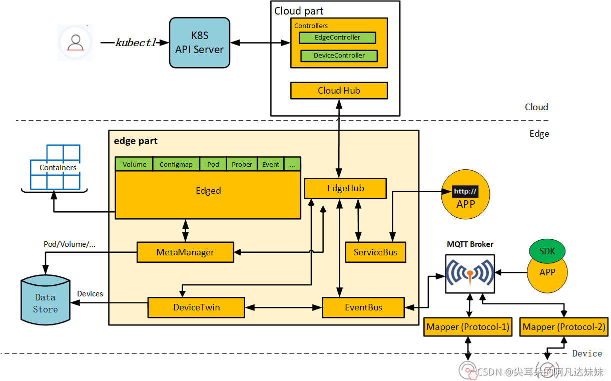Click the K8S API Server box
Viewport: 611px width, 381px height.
[x=200, y=43]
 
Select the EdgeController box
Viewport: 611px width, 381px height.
[x=337, y=38]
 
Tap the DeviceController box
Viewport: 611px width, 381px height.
[x=339, y=56]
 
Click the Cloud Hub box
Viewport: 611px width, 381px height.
[x=339, y=91]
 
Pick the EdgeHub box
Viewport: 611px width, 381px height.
[x=345, y=189]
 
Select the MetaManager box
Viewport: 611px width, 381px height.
[x=185, y=252]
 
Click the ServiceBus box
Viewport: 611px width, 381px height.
[x=375, y=252]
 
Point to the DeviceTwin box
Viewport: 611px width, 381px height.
[x=196, y=307]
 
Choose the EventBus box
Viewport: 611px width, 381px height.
[x=363, y=307]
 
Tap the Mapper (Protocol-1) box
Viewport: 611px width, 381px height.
[x=468, y=327]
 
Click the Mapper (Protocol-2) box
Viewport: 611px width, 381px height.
[x=564, y=327]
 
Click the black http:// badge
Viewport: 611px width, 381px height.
[x=465, y=191]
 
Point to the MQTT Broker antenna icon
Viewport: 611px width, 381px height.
[x=470, y=273]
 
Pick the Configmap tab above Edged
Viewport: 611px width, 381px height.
[x=176, y=164]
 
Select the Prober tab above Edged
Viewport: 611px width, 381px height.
[x=242, y=164]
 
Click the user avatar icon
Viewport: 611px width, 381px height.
[x=76, y=43]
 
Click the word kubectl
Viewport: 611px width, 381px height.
[x=136, y=43]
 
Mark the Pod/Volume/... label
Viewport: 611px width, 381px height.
[x=70, y=244]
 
